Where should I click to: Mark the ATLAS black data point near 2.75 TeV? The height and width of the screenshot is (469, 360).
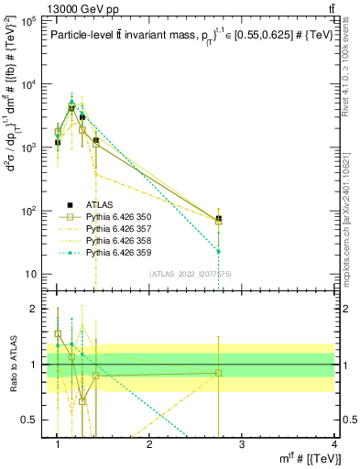pyautogui.click(x=219, y=219)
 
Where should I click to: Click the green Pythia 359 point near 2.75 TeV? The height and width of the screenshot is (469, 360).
pyautogui.click(x=219, y=251)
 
